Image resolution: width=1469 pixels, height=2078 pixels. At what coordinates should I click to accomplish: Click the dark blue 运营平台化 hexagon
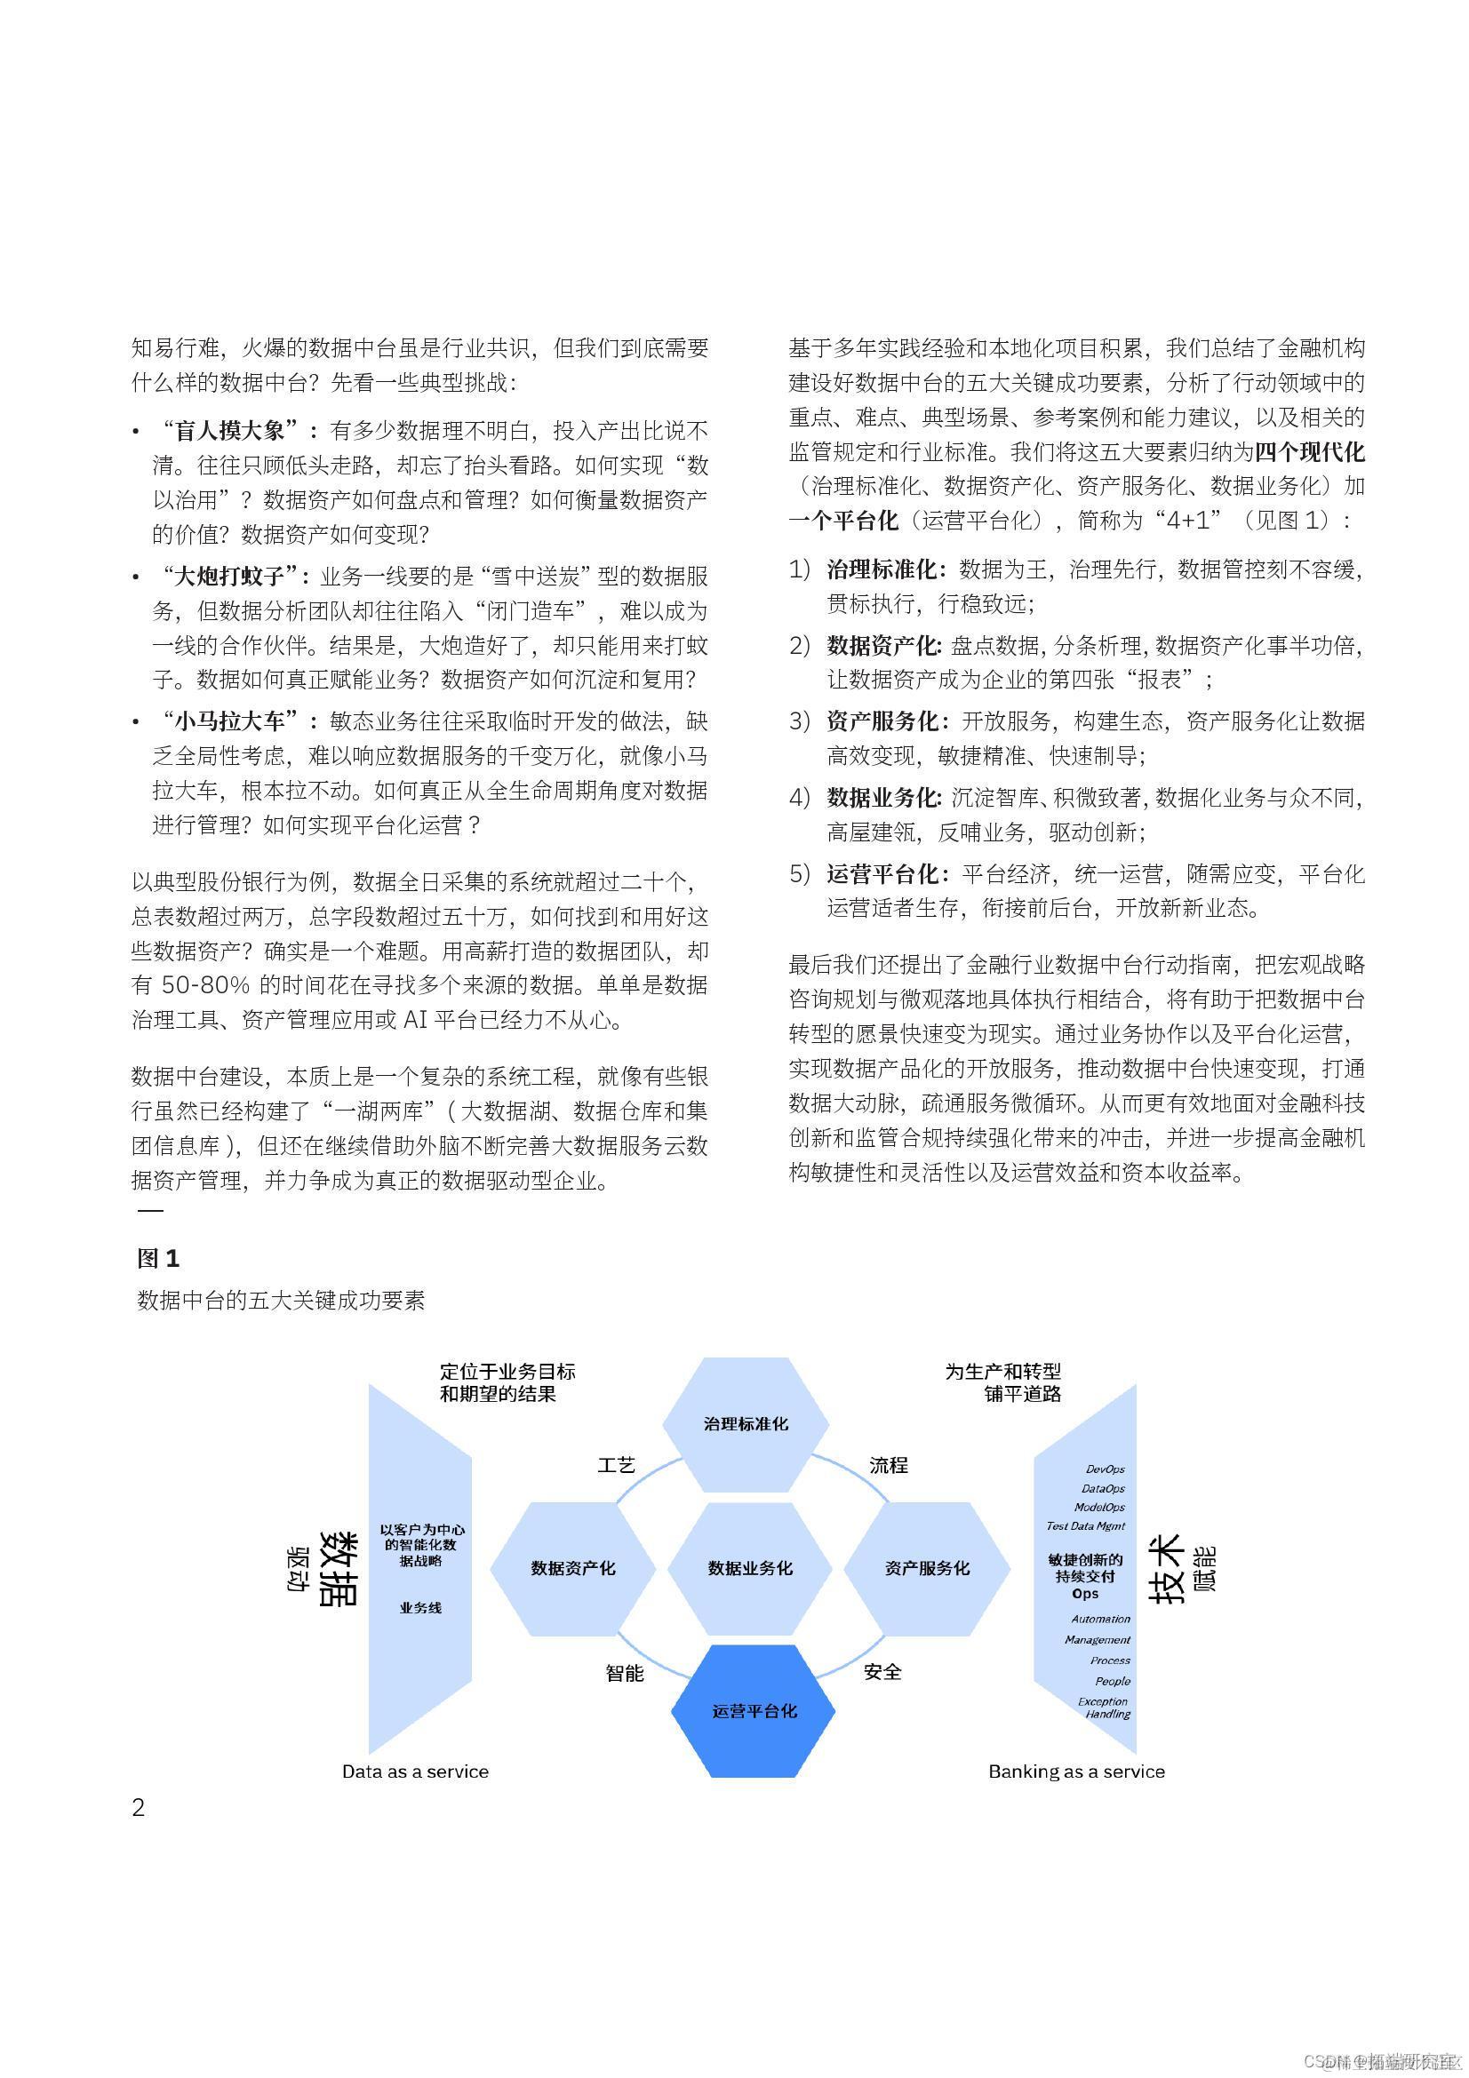click(753, 1710)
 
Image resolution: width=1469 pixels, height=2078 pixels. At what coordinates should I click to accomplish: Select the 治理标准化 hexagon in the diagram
click(745, 1423)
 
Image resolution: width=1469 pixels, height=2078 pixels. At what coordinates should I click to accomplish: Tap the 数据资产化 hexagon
click(573, 1567)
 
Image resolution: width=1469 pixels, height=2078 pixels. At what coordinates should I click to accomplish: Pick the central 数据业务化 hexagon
click(749, 1567)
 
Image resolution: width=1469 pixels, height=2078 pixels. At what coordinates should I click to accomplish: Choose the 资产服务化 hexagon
click(927, 1567)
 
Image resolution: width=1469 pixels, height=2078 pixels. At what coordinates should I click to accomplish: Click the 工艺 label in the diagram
click(617, 1465)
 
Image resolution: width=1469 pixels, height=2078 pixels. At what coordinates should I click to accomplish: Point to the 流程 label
click(888, 1465)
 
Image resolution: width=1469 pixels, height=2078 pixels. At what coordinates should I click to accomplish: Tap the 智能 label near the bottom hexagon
click(625, 1673)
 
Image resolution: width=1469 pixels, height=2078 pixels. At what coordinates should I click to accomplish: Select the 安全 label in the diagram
click(882, 1672)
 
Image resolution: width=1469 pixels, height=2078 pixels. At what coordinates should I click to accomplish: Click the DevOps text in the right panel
click(1106, 1469)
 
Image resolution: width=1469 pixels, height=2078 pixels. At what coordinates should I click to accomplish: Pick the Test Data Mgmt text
click(1085, 1526)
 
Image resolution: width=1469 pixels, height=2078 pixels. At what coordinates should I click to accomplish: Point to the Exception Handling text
click(1106, 1707)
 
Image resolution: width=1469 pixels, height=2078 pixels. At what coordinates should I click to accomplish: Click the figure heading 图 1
click(158, 1258)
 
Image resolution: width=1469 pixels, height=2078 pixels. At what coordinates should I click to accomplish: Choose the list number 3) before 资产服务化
click(799, 721)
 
